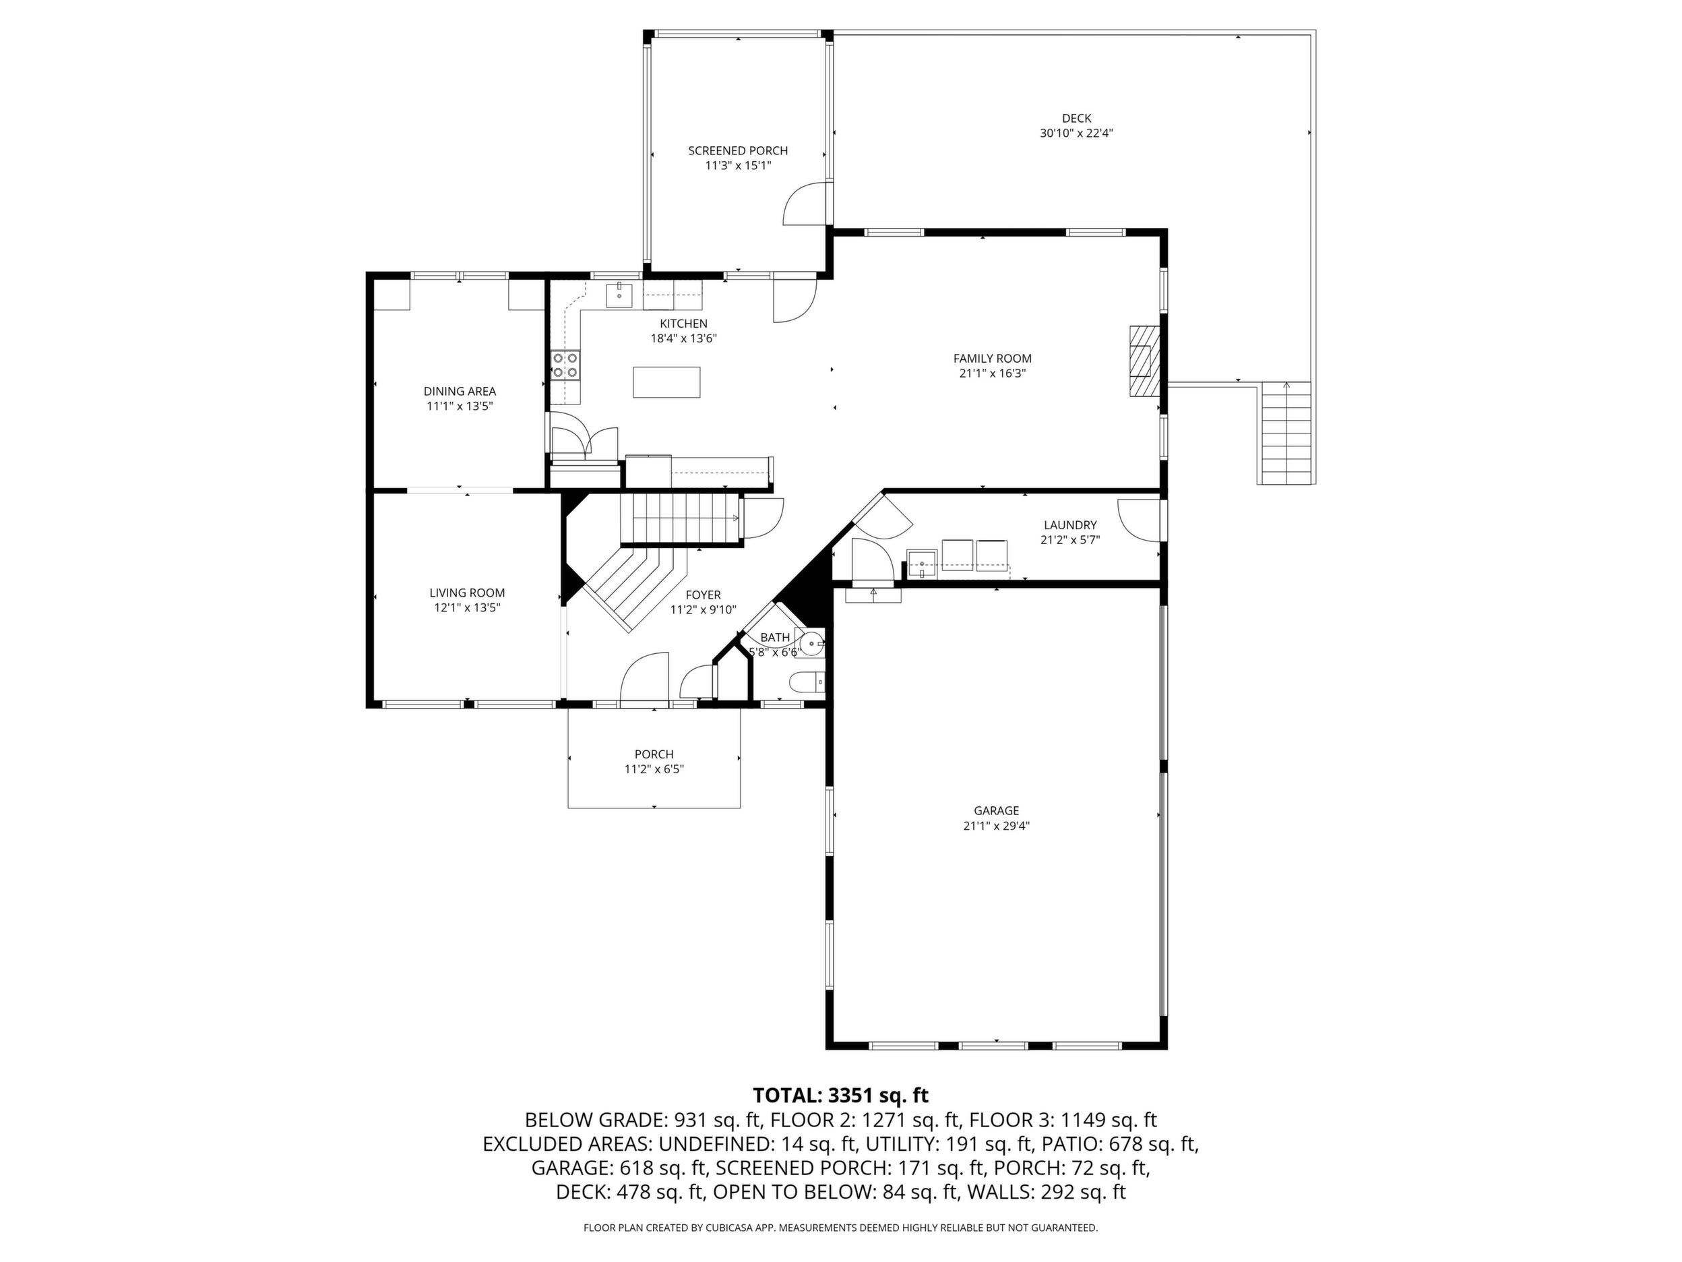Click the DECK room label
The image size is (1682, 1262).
pyautogui.click(x=1076, y=118)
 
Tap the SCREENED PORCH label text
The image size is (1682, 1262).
pyautogui.click(x=738, y=150)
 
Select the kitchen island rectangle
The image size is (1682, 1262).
pyautogui.click(x=667, y=382)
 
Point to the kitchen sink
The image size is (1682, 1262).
pyautogui.click(x=620, y=295)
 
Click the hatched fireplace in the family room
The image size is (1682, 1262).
pyautogui.click(x=1144, y=361)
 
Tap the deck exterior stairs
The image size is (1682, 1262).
pyautogui.click(x=1286, y=433)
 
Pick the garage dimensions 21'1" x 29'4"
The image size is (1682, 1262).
pyautogui.click(x=996, y=825)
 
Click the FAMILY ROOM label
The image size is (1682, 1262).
pyautogui.click(x=993, y=358)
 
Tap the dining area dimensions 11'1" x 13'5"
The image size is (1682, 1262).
pyautogui.click(x=460, y=407)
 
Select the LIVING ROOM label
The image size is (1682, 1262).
pyautogui.click(x=467, y=593)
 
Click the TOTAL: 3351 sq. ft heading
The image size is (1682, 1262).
pyautogui.click(x=840, y=1095)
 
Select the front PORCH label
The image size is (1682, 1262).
pyautogui.click(x=654, y=754)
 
